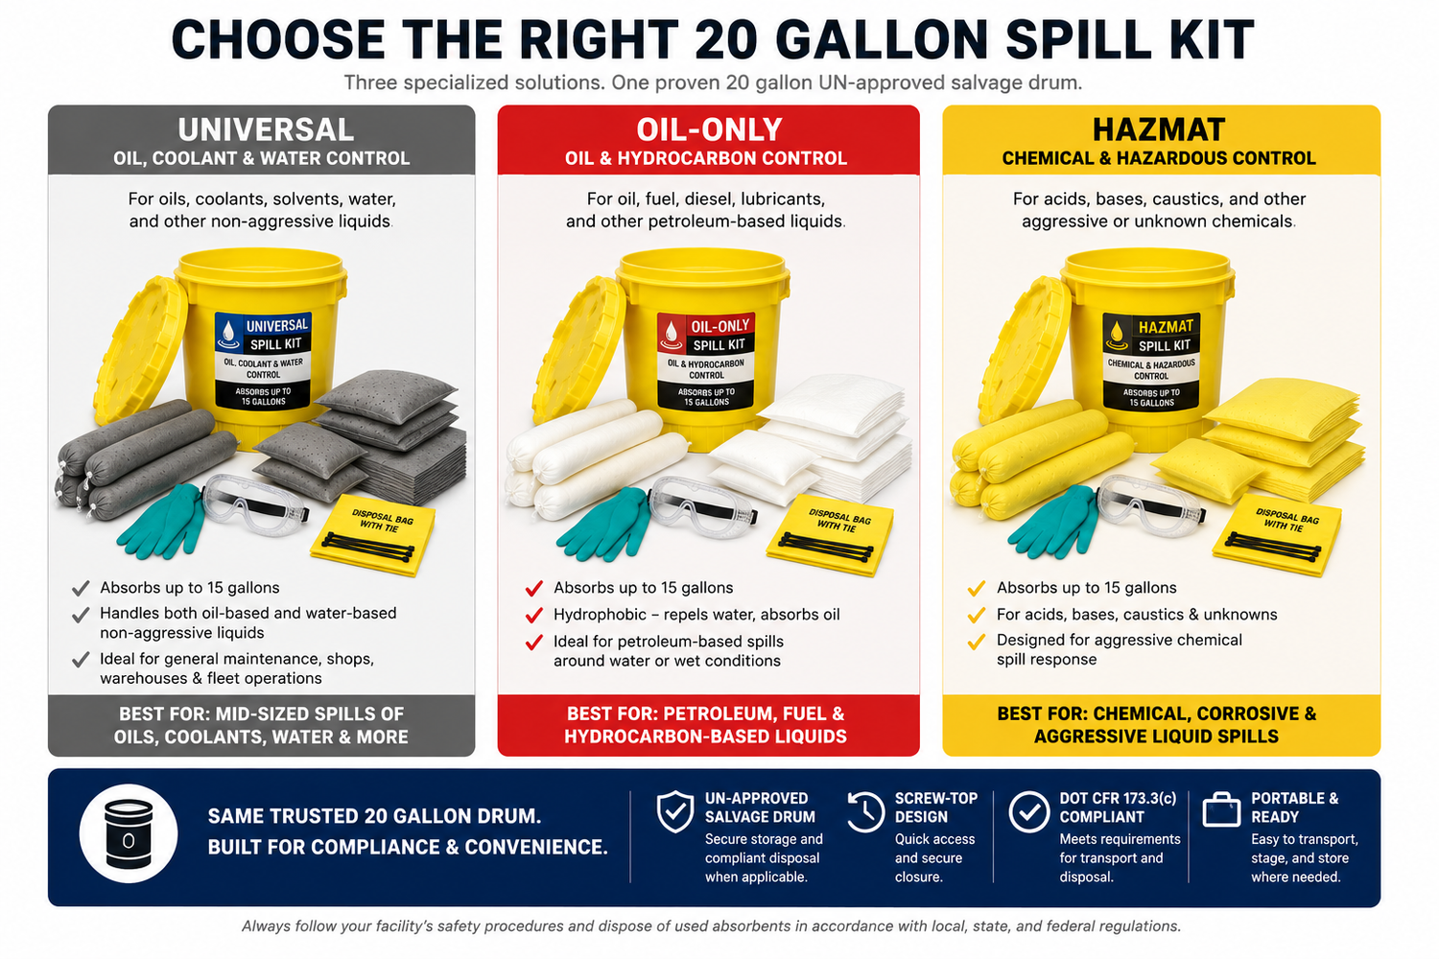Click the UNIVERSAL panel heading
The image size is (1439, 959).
[x=266, y=129]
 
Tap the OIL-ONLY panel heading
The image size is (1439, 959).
[x=709, y=129]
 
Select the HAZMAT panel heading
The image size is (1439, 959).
[x=1159, y=129]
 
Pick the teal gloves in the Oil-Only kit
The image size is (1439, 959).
[x=601, y=523]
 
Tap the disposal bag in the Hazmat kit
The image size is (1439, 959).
[x=1276, y=534]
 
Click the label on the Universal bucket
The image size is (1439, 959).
[x=263, y=360]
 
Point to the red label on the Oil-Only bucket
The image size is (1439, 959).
[x=706, y=361]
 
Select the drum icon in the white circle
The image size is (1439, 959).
[x=129, y=833]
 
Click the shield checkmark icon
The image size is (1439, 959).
[x=675, y=812]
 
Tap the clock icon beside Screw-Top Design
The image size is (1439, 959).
[x=864, y=812]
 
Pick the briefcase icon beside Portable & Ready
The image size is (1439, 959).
[x=1221, y=810]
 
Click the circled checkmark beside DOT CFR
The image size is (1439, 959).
[x=1029, y=812]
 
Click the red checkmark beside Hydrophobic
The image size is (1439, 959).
[x=533, y=616]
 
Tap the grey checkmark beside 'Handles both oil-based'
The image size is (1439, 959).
[x=81, y=616]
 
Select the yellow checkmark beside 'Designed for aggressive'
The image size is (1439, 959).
[x=977, y=641]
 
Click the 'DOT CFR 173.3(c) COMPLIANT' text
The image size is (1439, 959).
[x=1118, y=807]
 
